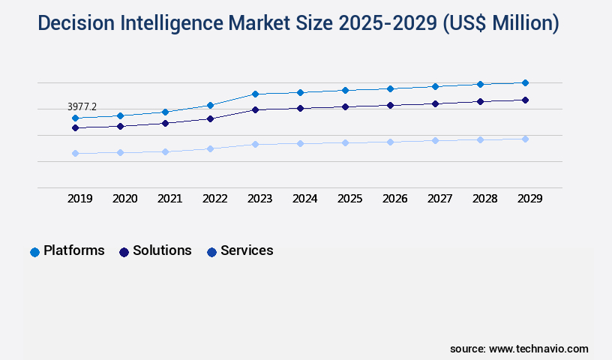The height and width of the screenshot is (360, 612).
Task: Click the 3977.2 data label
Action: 82,107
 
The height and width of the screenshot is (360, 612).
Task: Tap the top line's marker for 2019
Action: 75,118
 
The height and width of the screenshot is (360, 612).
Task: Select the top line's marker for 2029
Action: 525,82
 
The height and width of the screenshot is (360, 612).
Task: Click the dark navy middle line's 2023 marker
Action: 255,109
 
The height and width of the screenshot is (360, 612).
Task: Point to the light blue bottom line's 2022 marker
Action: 210,148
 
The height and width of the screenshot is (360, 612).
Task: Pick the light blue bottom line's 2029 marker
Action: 525,139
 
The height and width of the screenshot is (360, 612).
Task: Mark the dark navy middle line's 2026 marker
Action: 390,105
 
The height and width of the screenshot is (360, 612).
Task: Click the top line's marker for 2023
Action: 255,94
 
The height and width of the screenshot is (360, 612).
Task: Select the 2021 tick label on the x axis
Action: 169,199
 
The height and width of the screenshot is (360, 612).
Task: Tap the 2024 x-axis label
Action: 304,199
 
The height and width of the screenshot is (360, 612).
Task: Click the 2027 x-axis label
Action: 439,199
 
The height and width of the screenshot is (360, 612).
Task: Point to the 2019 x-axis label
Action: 79,199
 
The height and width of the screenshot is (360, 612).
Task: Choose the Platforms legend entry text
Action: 73,250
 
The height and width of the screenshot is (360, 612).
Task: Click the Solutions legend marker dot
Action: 124,252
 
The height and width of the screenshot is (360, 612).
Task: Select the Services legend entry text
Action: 247,250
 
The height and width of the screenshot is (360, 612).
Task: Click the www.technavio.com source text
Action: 538,349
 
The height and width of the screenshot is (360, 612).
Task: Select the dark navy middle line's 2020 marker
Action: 120,126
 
